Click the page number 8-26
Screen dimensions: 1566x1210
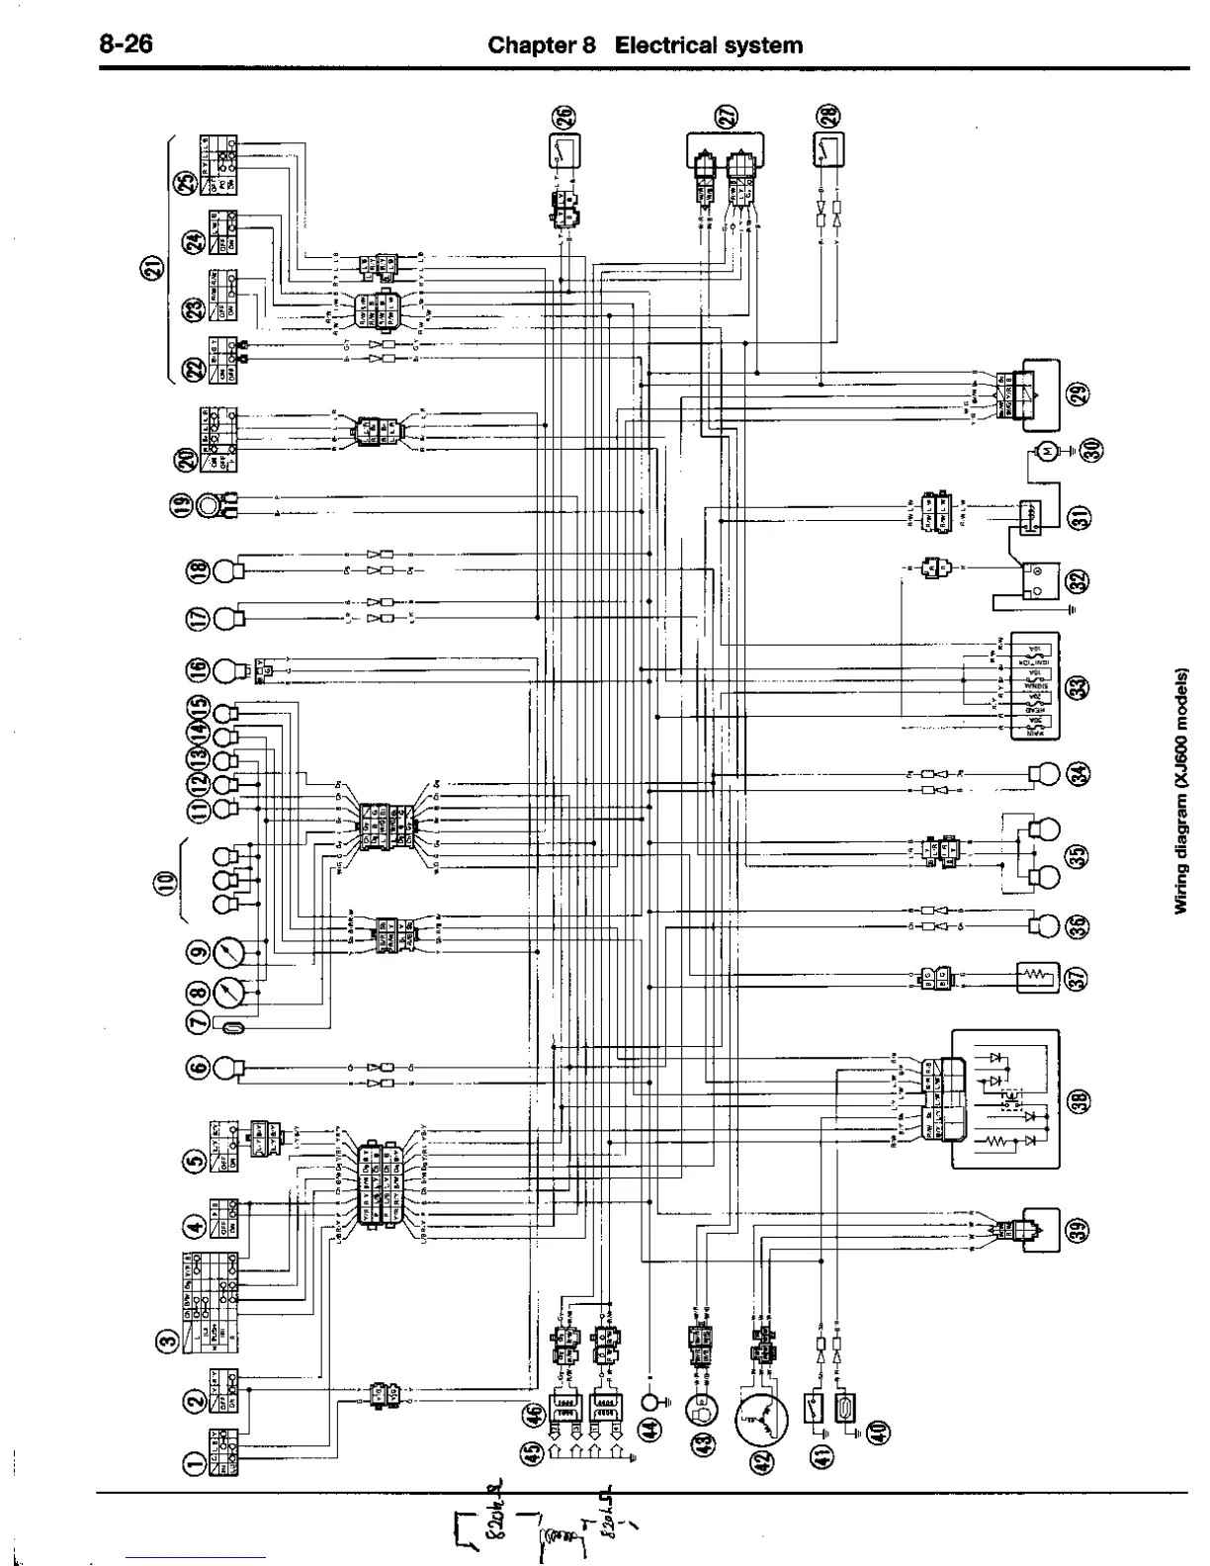pyautogui.click(x=125, y=44)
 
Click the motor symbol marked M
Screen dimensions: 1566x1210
pyautogui.click(x=1044, y=451)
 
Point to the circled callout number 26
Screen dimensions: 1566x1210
pyautogui.click(x=562, y=118)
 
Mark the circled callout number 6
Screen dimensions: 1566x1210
pyautogui.click(x=195, y=1068)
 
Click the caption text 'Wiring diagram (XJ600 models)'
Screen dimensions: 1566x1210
pyautogui.click(x=1180, y=791)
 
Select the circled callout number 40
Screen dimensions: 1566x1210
pyautogui.click(x=877, y=1431)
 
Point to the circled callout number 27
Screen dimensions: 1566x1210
pyautogui.click(x=729, y=118)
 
